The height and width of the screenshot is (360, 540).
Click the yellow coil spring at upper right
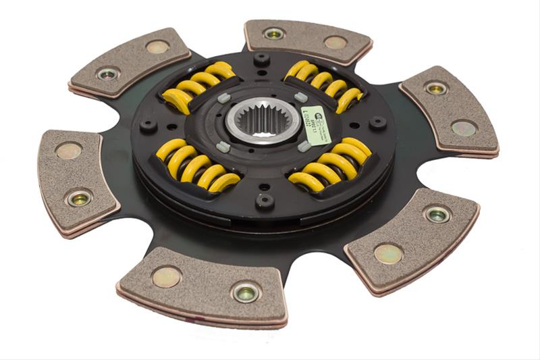325,85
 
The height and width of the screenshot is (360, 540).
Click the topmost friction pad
307,40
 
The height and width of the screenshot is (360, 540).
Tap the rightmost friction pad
450,111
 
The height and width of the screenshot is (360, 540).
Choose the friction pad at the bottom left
202,284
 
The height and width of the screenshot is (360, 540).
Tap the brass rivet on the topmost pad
335,42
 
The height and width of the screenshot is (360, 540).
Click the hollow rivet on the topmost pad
274,33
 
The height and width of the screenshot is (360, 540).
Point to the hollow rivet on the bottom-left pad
245,292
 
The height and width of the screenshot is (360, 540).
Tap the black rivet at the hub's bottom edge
264,201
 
